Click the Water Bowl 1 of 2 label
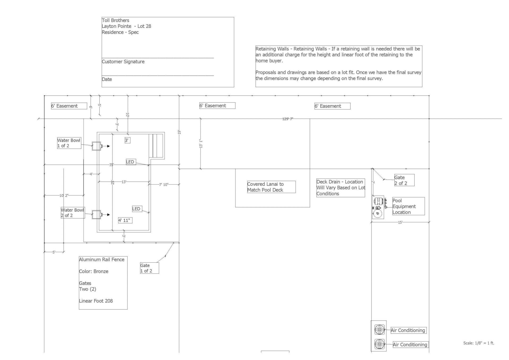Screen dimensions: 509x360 click(x=69, y=143)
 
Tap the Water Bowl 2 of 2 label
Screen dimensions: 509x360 click(x=73, y=212)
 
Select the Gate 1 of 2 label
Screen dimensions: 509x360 click(x=150, y=268)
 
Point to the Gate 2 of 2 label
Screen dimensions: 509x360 click(x=404, y=180)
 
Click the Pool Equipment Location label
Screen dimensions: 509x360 click(x=409, y=206)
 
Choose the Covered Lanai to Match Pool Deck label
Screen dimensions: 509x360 click(x=271, y=187)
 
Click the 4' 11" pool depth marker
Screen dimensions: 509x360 click(x=125, y=220)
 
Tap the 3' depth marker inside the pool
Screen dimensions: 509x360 click(x=128, y=140)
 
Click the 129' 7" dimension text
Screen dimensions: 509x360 click(x=288, y=119)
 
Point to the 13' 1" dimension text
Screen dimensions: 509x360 click(x=201, y=144)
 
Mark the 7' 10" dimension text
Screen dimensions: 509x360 click(x=164, y=185)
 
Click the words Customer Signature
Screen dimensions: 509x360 click(x=123, y=62)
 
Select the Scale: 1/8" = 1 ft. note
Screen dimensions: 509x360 click(x=479, y=343)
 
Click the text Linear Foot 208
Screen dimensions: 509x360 click(x=96, y=301)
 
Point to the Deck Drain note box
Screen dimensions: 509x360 click(x=341, y=188)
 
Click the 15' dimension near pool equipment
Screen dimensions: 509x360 click(x=400, y=222)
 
